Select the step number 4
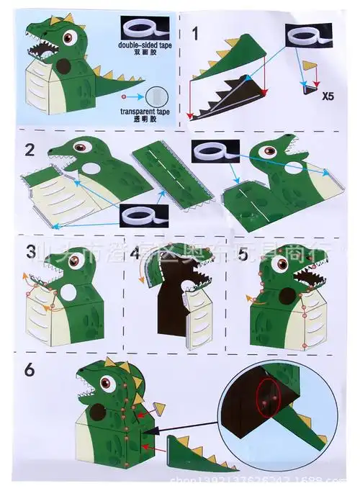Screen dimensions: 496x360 click(137, 253)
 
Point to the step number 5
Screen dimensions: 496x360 click(243, 253)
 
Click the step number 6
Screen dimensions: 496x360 click(29, 369)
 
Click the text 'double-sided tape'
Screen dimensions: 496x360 click(144, 44)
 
